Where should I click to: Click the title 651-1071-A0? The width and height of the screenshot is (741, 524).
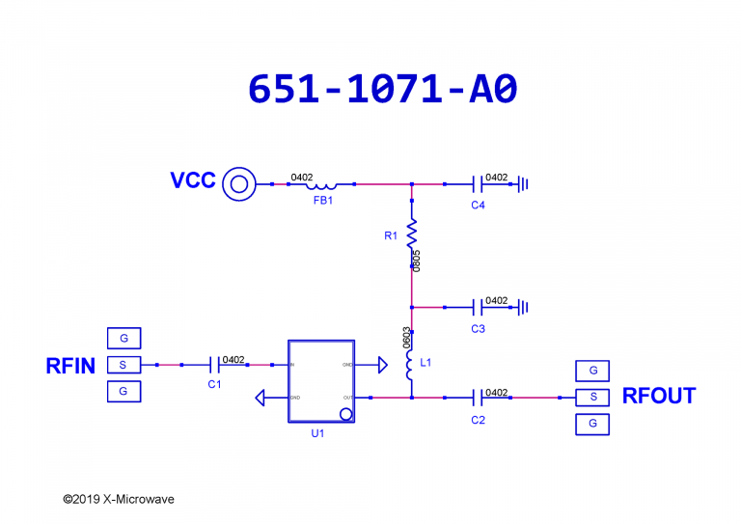(383, 88)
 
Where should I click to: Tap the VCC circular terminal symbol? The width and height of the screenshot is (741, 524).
(237, 183)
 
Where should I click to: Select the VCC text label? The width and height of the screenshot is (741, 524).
(193, 181)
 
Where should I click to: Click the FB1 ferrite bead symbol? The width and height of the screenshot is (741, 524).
(322, 184)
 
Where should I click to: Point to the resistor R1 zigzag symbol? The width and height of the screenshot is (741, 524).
(412, 232)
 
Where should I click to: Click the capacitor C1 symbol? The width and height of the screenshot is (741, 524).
(214, 365)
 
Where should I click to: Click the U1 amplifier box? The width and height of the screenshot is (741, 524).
(321, 380)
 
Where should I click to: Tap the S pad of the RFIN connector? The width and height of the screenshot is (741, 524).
(123, 365)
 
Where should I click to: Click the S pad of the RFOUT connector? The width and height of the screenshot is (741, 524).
(593, 397)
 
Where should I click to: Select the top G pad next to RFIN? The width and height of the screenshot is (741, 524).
(123, 339)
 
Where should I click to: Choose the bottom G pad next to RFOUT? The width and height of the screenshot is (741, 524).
(593, 424)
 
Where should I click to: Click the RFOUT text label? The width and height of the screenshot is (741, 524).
(659, 397)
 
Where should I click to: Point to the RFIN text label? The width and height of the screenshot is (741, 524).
(70, 366)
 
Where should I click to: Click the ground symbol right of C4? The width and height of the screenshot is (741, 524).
(524, 183)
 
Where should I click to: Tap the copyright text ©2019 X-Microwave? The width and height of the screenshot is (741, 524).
(119, 500)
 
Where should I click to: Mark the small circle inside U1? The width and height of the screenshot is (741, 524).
(345, 414)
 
